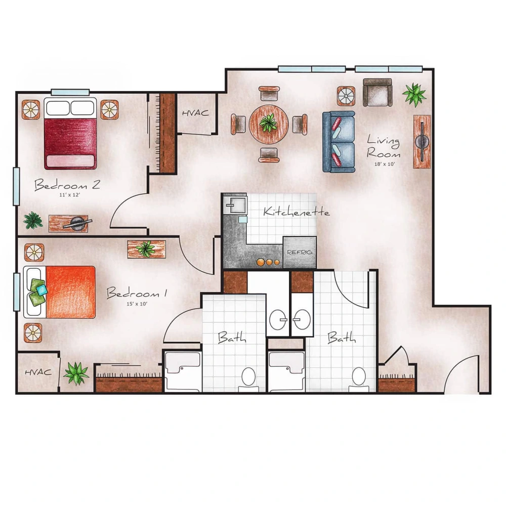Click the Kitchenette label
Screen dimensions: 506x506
pyautogui.click(x=296, y=212)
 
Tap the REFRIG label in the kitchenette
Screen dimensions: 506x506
pyautogui.click(x=300, y=251)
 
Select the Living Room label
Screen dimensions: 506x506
pyautogui.click(x=384, y=146)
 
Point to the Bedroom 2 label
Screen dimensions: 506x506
pyautogui.click(x=67, y=185)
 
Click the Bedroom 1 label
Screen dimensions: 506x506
pyautogui.click(x=137, y=293)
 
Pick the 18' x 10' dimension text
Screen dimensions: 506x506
pyautogui.click(x=384, y=164)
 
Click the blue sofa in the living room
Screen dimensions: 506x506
pyautogui.click(x=339, y=142)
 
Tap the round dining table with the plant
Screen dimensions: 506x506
pyautogui.click(x=268, y=123)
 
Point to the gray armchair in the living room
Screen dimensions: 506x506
pyautogui.click(x=377, y=92)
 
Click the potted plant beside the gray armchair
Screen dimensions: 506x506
pyautogui.click(x=414, y=94)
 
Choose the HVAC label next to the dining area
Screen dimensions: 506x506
pyautogui.click(x=195, y=113)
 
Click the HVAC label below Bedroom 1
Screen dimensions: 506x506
pyautogui.click(x=38, y=372)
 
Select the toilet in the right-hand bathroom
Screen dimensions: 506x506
pyautogui.click(x=358, y=376)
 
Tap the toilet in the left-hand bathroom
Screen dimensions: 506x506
pyautogui.click(x=248, y=377)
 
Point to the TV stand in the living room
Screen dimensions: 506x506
pyautogui.click(x=422, y=141)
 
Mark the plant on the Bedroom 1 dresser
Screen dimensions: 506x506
pyautogui.click(x=146, y=248)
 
